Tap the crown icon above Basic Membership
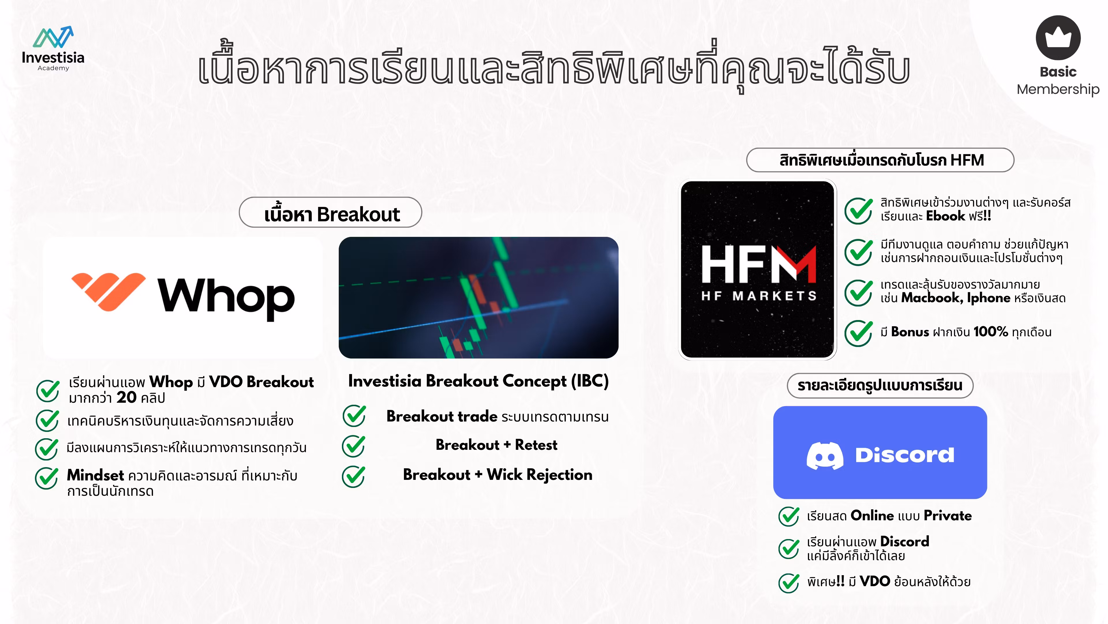point(1058,38)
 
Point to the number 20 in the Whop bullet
point(126,397)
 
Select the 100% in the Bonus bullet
point(991,332)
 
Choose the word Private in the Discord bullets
point(948,515)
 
